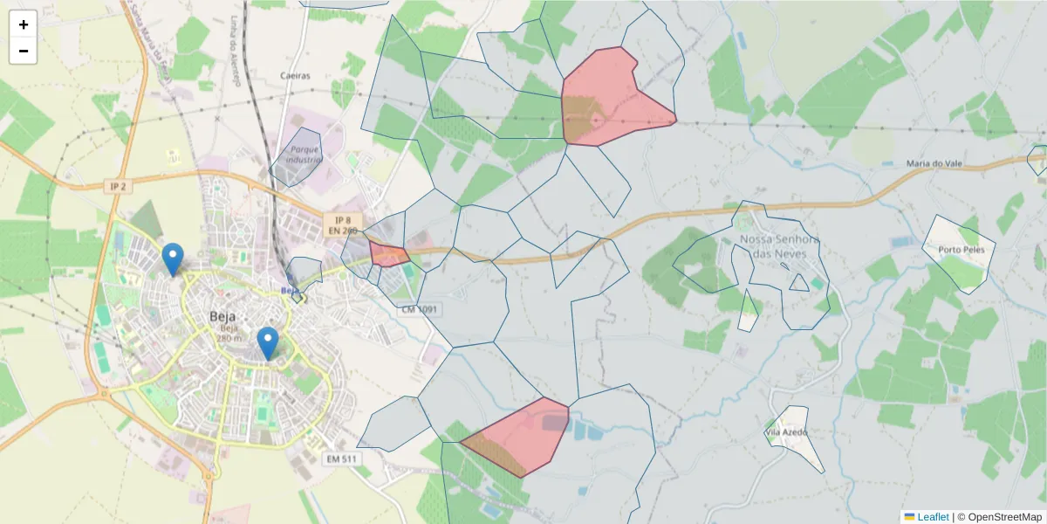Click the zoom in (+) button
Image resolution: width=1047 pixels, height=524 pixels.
coord(24,24)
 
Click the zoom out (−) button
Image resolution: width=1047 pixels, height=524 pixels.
coord(24,51)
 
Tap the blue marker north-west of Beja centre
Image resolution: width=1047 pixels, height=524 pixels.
coord(174,259)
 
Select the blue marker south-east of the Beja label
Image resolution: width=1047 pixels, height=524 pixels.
coord(268,342)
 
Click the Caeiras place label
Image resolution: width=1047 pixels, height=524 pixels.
coord(295,76)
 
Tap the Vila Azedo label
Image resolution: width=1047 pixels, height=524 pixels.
coord(786,431)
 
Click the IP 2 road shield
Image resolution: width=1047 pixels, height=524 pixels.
coord(118,186)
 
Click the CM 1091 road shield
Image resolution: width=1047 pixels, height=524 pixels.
coord(420,309)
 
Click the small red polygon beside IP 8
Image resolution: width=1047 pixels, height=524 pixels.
coord(388,254)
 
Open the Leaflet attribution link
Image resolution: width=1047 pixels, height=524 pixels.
coord(932,517)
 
